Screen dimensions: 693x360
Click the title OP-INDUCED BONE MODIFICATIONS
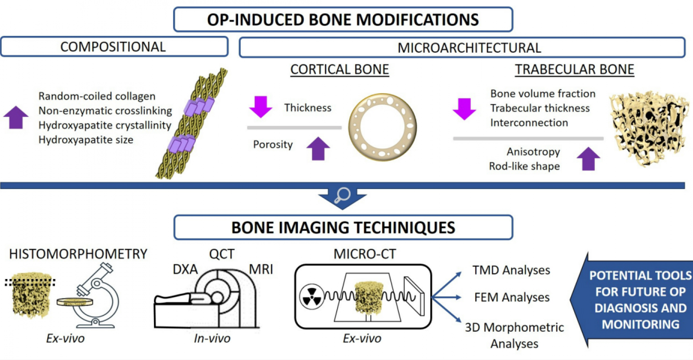point(343,20)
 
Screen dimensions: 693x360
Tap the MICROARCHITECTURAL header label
point(469,48)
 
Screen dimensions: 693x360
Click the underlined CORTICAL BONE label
point(339,69)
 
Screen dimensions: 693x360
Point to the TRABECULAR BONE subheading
point(575,69)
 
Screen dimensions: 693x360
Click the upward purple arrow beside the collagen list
point(16,117)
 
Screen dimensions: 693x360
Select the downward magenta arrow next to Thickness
point(261,107)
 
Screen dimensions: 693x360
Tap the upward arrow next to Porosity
point(318,149)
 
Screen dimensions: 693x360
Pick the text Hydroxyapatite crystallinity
point(105,125)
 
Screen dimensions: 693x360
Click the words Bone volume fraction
point(543,94)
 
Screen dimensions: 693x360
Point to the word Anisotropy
point(533,152)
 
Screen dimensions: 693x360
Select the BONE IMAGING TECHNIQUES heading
point(343,228)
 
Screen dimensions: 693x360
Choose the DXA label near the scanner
point(185,270)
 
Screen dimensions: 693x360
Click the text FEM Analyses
point(512,297)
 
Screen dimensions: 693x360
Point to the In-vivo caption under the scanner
point(212,338)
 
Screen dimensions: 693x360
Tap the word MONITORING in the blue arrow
point(640,324)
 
